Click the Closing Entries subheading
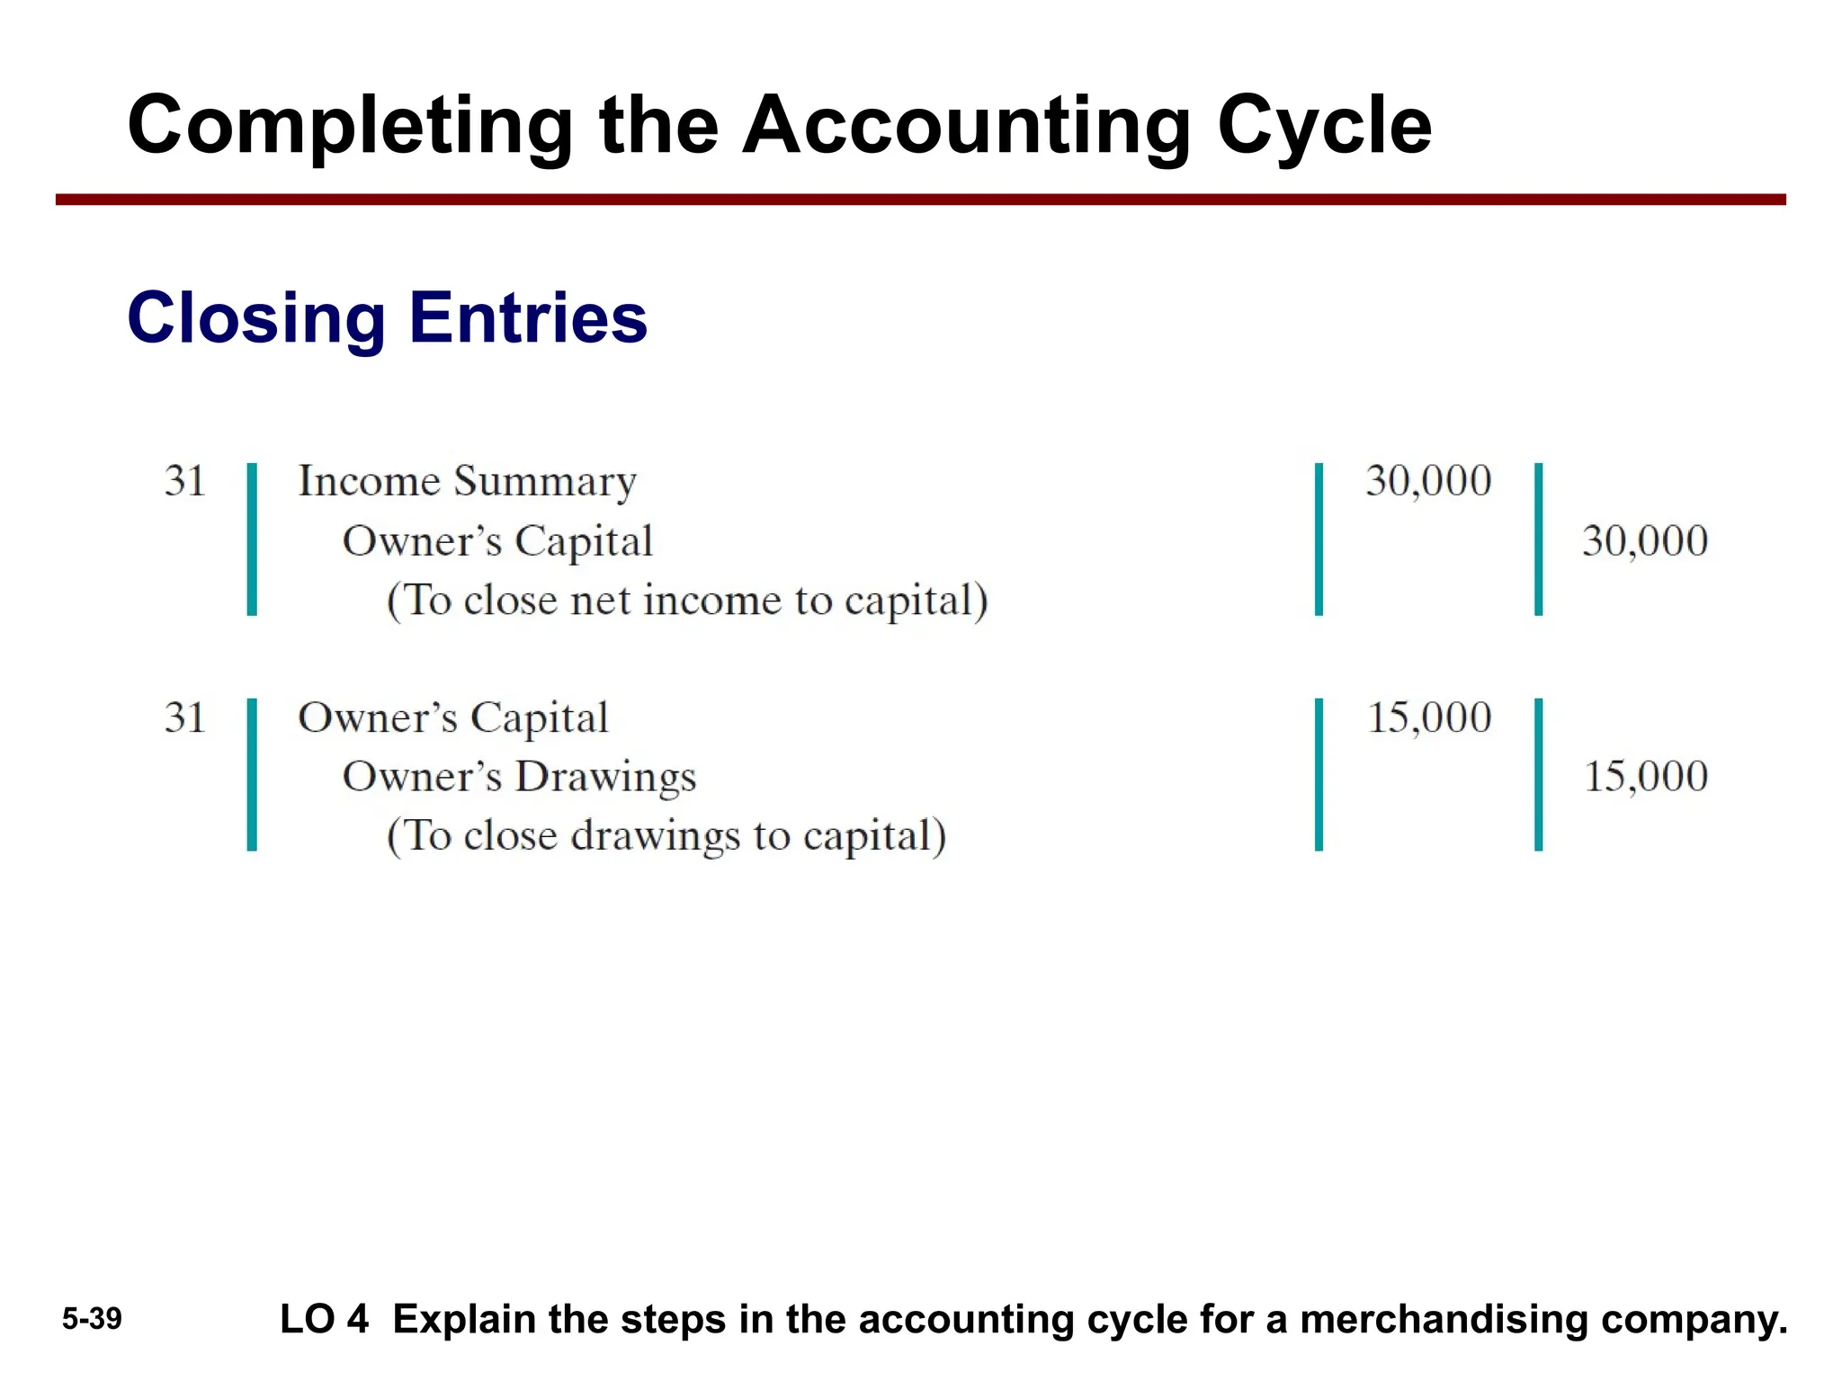(387, 318)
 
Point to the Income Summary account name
(467, 481)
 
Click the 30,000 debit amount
(1428, 481)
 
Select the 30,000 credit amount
(1645, 541)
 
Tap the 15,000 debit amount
(1428, 717)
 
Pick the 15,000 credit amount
(1645, 776)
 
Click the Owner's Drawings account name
(519, 777)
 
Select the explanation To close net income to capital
(687, 601)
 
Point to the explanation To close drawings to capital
(666, 836)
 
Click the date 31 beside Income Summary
(185, 481)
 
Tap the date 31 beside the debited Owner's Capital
(185, 717)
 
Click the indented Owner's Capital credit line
(497, 541)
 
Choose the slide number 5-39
(92, 1319)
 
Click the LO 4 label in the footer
(324, 1319)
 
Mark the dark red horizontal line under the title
(920, 200)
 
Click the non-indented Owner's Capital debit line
(453, 717)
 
